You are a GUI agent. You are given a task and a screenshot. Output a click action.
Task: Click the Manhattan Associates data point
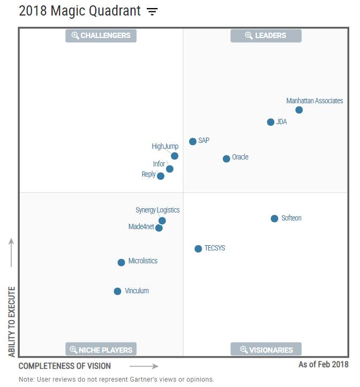(299, 110)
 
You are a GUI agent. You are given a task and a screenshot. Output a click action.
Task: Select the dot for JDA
(271, 122)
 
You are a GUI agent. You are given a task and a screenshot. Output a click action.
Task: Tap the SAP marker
(192, 142)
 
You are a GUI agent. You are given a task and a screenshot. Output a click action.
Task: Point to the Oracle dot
(227, 158)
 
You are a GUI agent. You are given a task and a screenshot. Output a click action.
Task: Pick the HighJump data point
(175, 156)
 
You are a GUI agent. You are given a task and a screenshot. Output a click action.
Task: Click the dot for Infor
(170, 169)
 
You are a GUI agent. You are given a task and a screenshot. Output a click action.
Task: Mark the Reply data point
(161, 176)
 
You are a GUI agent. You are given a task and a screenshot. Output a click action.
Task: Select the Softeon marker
(274, 218)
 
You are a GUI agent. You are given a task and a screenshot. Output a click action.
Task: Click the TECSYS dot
(198, 248)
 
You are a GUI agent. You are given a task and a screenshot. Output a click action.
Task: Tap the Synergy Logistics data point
(162, 221)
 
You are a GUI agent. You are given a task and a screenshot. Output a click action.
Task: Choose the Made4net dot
(159, 228)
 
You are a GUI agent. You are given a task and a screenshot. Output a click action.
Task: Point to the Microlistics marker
(122, 262)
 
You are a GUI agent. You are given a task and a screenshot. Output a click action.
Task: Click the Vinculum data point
(118, 291)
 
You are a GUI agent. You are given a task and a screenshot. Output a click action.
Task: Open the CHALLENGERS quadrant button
(101, 36)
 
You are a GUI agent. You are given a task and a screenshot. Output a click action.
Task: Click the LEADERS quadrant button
(266, 36)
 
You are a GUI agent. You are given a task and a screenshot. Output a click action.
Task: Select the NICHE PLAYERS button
(101, 350)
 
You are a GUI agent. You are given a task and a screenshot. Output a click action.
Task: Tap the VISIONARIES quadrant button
(266, 350)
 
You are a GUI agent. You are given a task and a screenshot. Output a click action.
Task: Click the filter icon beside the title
(153, 11)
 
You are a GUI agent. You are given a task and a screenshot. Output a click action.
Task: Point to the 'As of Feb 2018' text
(323, 365)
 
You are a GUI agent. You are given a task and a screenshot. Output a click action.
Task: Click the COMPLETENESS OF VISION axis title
(65, 366)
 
